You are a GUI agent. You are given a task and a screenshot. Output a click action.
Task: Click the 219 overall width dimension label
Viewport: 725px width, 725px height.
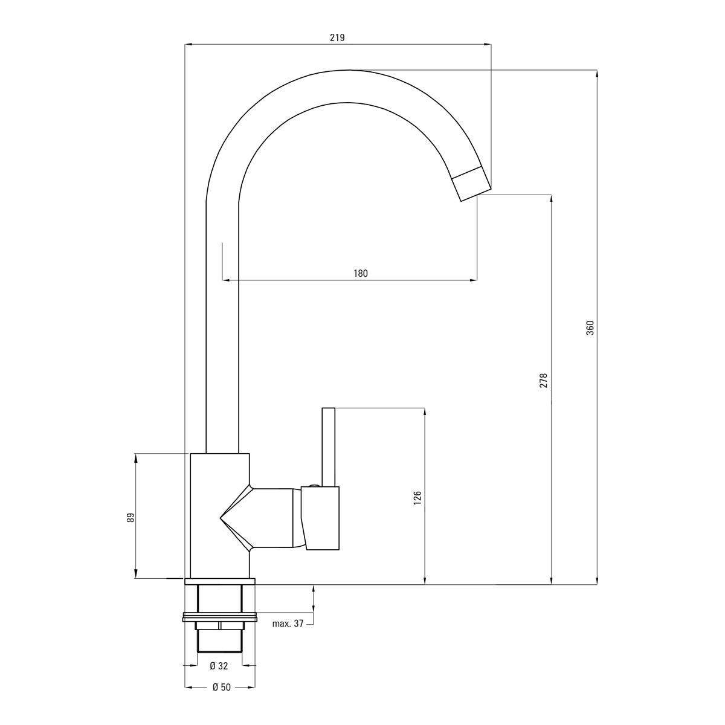[x=337, y=37]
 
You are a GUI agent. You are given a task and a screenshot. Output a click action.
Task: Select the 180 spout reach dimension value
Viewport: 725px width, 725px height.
[x=360, y=273]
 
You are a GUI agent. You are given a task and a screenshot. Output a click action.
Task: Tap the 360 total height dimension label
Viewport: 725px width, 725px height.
[x=590, y=327]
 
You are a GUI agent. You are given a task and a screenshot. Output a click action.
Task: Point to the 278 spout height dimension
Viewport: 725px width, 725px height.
[x=544, y=380]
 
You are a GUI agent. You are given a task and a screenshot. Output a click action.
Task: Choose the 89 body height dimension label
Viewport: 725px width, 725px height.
[x=129, y=518]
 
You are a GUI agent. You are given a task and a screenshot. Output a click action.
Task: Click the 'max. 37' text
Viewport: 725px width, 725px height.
[x=288, y=623]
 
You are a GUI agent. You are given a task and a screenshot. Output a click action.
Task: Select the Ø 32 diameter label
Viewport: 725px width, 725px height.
[x=219, y=666]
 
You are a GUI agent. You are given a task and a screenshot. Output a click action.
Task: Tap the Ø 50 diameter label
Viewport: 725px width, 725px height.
[x=219, y=687]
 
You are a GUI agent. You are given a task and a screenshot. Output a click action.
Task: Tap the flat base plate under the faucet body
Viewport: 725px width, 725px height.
[x=220, y=582]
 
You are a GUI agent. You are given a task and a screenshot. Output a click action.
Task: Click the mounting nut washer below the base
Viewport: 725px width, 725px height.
[x=219, y=617]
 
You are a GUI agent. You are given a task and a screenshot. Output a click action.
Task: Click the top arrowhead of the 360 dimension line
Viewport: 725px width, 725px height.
[x=597, y=74]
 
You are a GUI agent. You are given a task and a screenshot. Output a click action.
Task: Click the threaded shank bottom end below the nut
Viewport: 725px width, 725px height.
[x=219, y=649]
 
